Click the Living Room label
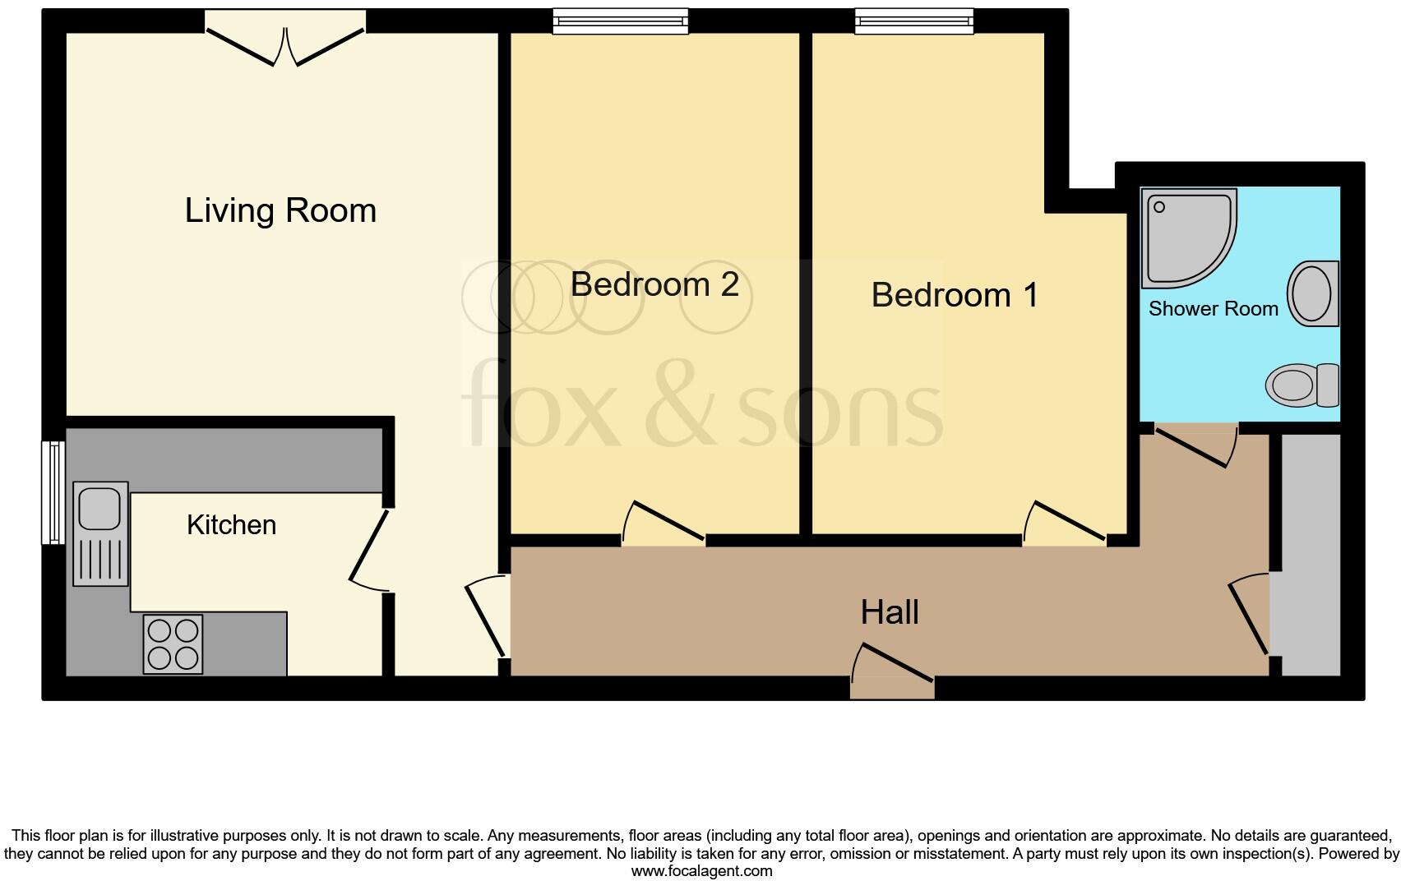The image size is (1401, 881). click(x=280, y=210)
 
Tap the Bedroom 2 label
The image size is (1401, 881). click(x=654, y=284)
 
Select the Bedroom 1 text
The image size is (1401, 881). click(x=955, y=295)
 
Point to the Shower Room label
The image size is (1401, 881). click(x=1213, y=309)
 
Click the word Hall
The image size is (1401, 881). click(x=890, y=612)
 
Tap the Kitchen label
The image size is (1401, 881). click(x=231, y=525)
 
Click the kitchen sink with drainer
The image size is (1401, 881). click(x=100, y=533)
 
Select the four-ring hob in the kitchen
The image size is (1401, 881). click(x=173, y=644)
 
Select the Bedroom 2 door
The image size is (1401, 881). click(x=663, y=524)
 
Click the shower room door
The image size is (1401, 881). click(x=1197, y=445)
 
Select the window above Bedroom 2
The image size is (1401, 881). click(x=620, y=21)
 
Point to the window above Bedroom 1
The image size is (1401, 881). click(x=913, y=21)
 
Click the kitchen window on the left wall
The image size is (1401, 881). click(x=53, y=492)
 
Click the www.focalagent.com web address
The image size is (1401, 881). click(x=701, y=871)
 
